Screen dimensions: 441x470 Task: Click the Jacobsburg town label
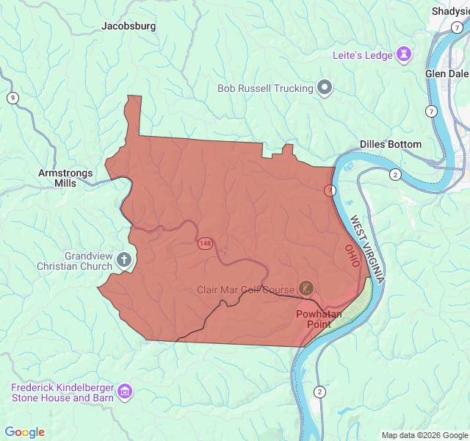[129, 26]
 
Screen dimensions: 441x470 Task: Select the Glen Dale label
[446, 73]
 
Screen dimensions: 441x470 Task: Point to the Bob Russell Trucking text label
[265, 89]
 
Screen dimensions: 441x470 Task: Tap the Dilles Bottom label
[391, 144]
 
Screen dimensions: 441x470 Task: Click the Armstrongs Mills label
[65, 178]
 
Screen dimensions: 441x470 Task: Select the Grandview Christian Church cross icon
[124, 259]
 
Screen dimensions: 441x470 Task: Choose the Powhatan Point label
[319, 318]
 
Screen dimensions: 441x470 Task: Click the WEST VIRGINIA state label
[367, 250]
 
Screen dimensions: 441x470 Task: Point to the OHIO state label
[352, 257]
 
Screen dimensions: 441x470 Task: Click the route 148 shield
[204, 243]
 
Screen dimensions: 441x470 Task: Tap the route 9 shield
[12, 98]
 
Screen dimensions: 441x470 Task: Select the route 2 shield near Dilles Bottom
[395, 174]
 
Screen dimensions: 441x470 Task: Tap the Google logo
[24, 432]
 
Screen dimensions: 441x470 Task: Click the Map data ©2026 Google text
[424, 435]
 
